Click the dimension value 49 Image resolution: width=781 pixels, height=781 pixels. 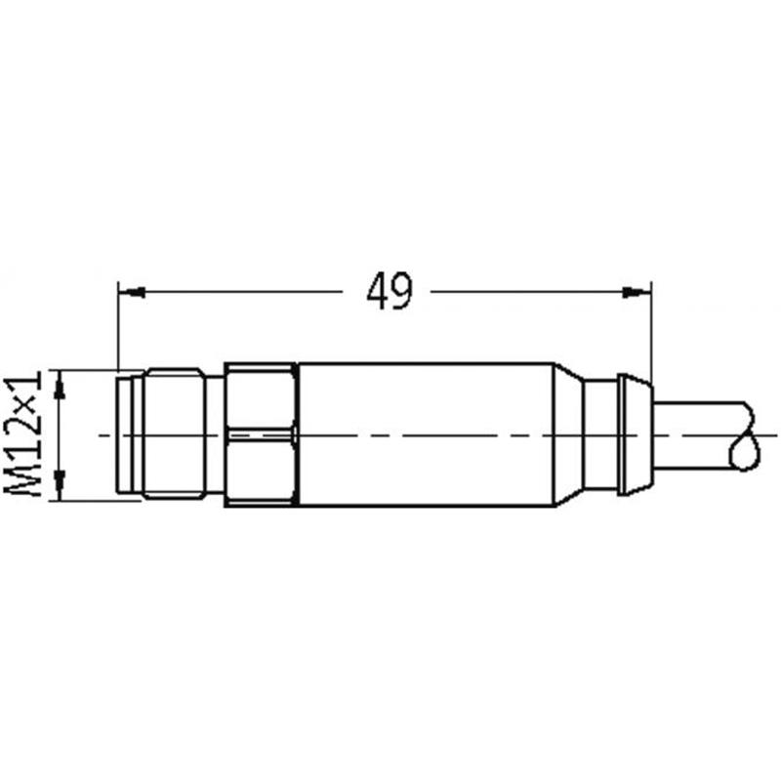point(390,292)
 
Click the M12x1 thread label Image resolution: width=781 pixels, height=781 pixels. point(22,436)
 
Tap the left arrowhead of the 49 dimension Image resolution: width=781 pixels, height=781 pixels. point(133,292)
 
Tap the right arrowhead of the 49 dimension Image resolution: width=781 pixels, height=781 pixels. point(637,292)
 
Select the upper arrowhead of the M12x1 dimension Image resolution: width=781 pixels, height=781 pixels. point(61,385)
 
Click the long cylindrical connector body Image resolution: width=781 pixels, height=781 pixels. point(427,434)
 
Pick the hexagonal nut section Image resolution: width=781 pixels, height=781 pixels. point(261,434)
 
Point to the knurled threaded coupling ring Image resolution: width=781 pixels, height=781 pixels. point(174,433)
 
